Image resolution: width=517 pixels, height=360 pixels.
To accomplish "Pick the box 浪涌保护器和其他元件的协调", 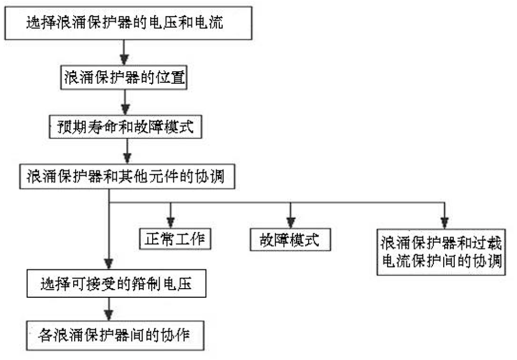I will point(127,177).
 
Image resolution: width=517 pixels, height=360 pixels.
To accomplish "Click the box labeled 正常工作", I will point(174,238).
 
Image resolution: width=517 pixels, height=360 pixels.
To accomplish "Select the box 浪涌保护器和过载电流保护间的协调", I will point(440,252).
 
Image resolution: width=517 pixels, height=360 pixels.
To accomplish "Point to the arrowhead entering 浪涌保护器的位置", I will point(124,60).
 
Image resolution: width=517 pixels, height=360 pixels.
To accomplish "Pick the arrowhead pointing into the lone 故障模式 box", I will point(290,222).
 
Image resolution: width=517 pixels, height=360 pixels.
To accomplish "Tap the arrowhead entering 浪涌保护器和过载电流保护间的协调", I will point(444,222).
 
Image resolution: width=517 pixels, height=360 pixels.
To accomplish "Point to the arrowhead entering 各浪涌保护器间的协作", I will point(110,315).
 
